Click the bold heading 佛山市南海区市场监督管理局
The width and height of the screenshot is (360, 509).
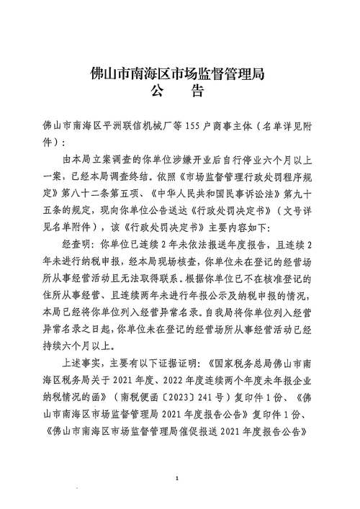click(x=179, y=73)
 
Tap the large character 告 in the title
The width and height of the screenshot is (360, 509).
click(x=199, y=91)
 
